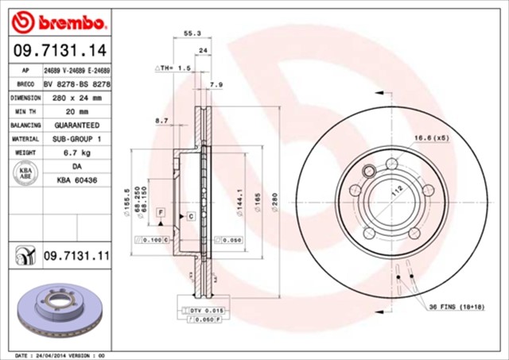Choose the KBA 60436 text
point(76,180)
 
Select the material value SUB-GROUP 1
point(76,137)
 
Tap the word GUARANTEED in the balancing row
point(76,125)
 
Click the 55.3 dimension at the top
point(192,34)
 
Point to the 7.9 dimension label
point(216,84)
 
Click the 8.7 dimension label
point(161,120)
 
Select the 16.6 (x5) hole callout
point(431,138)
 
